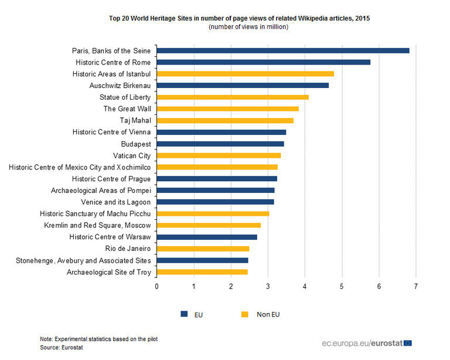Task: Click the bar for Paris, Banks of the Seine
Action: click(283, 50)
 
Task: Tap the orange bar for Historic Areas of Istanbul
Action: click(246, 74)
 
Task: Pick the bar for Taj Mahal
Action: click(225, 120)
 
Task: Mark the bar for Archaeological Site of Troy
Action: click(202, 272)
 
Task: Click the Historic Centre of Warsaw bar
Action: click(207, 237)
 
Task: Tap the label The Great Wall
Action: click(127, 108)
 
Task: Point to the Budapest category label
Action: click(136, 144)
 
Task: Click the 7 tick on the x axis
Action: click(416, 286)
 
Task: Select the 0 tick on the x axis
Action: click(156, 286)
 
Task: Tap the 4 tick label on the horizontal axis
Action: click(305, 286)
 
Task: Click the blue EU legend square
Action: click(183, 314)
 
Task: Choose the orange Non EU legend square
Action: click(245, 314)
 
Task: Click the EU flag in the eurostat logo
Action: click(407, 342)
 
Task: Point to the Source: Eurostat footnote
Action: click(62, 348)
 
